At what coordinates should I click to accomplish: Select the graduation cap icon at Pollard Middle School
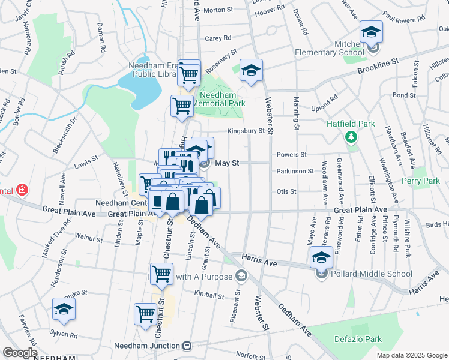click(321, 258)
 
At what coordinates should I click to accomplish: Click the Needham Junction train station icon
click(187, 346)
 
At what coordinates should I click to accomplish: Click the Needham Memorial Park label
click(220, 99)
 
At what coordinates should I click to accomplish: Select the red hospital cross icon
click(22, 190)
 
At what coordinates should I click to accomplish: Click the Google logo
click(19, 353)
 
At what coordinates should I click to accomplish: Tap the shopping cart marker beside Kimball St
click(161, 274)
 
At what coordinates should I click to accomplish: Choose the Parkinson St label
click(295, 171)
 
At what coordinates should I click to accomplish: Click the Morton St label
click(218, 10)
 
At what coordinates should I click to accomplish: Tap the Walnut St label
click(89, 238)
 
